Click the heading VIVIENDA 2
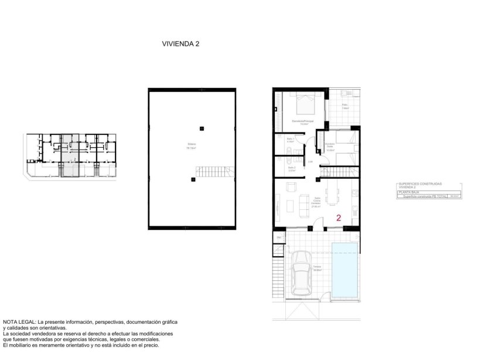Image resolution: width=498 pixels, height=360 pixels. (180, 43)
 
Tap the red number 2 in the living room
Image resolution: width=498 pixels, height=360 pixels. (339, 218)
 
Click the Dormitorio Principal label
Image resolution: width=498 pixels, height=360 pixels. (302, 122)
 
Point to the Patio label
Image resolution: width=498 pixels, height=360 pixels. (345, 106)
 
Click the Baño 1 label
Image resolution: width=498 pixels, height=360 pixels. (290, 140)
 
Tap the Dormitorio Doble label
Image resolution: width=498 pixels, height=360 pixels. (330, 148)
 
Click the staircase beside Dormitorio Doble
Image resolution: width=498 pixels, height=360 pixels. (337, 171)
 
